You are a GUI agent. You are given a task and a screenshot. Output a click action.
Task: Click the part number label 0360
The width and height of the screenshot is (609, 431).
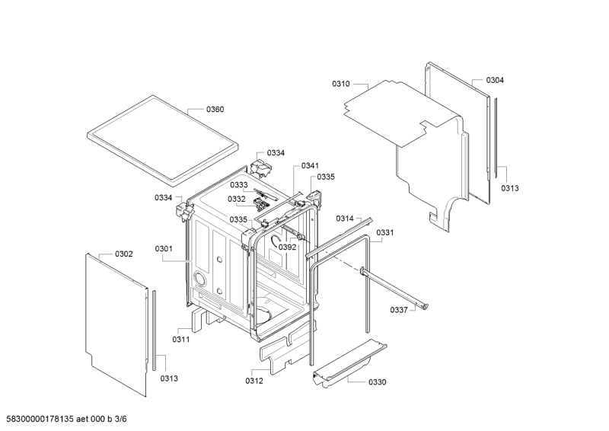click(215, 109)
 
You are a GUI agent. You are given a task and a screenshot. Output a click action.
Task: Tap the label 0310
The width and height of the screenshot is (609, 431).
click(340, 84)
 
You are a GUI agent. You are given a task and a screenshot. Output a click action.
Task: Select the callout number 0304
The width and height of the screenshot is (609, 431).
click(495, 80)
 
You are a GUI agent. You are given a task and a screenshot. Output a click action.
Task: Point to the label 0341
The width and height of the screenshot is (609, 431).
click(310, 166)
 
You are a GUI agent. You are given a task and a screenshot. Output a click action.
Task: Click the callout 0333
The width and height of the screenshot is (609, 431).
click(238, 184)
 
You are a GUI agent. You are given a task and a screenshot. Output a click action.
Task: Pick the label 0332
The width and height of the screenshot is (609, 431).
click(237, 199)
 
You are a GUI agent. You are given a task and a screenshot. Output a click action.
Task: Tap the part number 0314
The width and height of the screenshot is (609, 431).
click(345, 219)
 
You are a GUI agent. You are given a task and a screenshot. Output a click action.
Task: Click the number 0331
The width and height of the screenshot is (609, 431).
click(385, 232)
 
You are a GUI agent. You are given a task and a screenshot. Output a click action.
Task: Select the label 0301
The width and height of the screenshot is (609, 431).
click(164, 249)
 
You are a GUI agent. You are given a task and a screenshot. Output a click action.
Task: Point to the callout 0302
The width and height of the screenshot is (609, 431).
click(123, 254)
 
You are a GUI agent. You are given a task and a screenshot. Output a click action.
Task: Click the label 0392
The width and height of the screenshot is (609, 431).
click(288, 247)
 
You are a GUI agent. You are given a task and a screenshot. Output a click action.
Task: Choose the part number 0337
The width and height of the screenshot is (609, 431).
click(399, 310)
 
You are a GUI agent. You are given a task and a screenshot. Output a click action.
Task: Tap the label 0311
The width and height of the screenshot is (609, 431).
click(181, 340)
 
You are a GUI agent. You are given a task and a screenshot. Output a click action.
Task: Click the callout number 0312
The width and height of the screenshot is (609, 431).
click(254, 381)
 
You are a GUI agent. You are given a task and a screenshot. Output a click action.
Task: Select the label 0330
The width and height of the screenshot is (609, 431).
click(377, 382)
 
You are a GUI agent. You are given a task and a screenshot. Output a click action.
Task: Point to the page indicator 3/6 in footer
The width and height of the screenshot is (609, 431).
click(121, 419)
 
